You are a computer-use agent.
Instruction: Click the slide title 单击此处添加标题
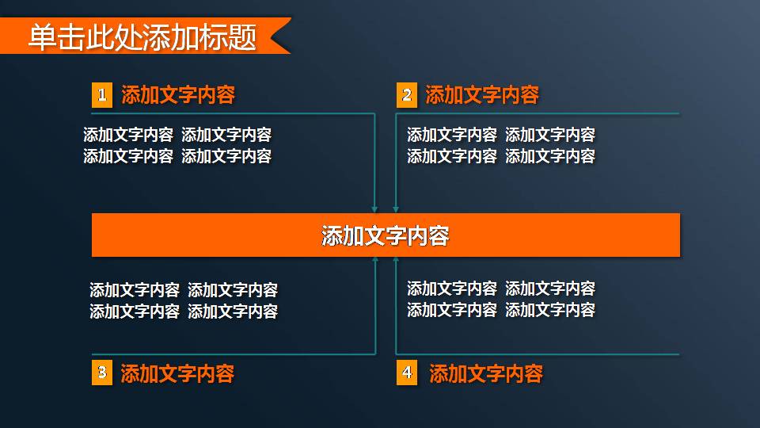point(142,37)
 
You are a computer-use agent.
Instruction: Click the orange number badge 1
point(101,96)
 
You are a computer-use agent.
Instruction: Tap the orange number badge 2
point(406,96)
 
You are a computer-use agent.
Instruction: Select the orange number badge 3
point(101,373)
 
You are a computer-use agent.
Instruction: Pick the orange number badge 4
point(406,373)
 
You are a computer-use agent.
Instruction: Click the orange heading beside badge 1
point(178,96)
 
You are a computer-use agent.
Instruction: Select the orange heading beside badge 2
point(482,96)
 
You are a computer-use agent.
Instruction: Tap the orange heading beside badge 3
point(177,373)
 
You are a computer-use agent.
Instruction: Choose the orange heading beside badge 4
point(486,373)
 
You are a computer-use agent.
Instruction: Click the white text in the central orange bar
point(386,235)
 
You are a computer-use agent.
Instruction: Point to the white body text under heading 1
point(177,146)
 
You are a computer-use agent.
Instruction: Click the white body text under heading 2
point(501,146)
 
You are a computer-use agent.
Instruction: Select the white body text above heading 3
point(184,301)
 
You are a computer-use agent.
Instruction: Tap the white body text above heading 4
point(501,300)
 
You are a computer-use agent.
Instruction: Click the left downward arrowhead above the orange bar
point(374,209)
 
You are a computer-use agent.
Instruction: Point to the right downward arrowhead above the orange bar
point(395,209)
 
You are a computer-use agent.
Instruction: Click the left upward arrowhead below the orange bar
point(374,260)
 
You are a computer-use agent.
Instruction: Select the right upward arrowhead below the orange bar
point(395,260)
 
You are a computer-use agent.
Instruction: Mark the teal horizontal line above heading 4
point(538,353)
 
